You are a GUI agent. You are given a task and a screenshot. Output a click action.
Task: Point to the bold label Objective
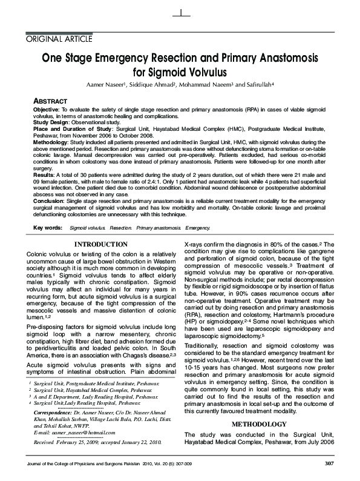click(x=46, y=107)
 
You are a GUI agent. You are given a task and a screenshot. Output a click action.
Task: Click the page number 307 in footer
click(x=329, y=463)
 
